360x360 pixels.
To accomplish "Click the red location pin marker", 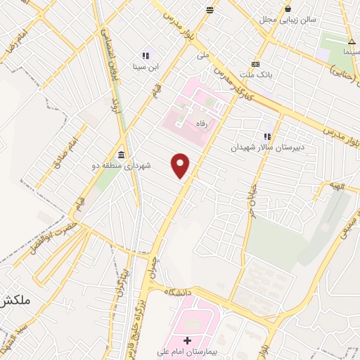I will (x=181, y=165).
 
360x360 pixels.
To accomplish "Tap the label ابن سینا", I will (x=146, y=68).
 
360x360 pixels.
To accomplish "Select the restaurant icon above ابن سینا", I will (x=146, y=56).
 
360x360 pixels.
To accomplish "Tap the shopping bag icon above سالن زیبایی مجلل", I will (x=288, y=9).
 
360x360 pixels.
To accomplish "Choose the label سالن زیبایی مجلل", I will (x=288, y=20).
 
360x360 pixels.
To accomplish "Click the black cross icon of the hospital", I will (x=186, y=341).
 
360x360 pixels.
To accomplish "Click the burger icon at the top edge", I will (x=210, y=9).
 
